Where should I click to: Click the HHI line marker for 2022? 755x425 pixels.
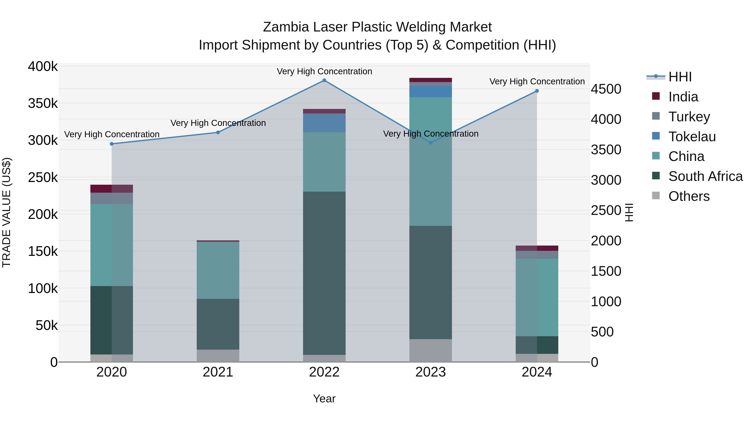point(324,80)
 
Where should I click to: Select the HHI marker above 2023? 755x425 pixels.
point(431,143)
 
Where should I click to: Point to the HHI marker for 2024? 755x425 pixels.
point(537,91)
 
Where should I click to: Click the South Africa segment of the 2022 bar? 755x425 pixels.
point(324,273)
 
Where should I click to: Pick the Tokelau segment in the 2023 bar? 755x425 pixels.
point(431,92)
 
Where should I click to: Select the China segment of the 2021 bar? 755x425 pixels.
point(218,270)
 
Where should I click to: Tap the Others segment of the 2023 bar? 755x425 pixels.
point(431,350)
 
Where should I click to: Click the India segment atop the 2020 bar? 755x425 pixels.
point(111,189)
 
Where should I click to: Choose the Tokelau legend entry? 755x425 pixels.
point(692,137)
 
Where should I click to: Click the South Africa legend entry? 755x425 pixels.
point(705,176)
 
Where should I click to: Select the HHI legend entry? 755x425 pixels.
point(680,77)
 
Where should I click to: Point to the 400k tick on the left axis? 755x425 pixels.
point(43,67)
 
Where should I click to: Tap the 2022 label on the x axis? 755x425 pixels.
point(324,372)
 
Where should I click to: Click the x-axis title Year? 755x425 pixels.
point(324,399)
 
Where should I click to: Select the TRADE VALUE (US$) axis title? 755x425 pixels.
point(7,212)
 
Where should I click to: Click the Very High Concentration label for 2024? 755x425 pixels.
point(537,82)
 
